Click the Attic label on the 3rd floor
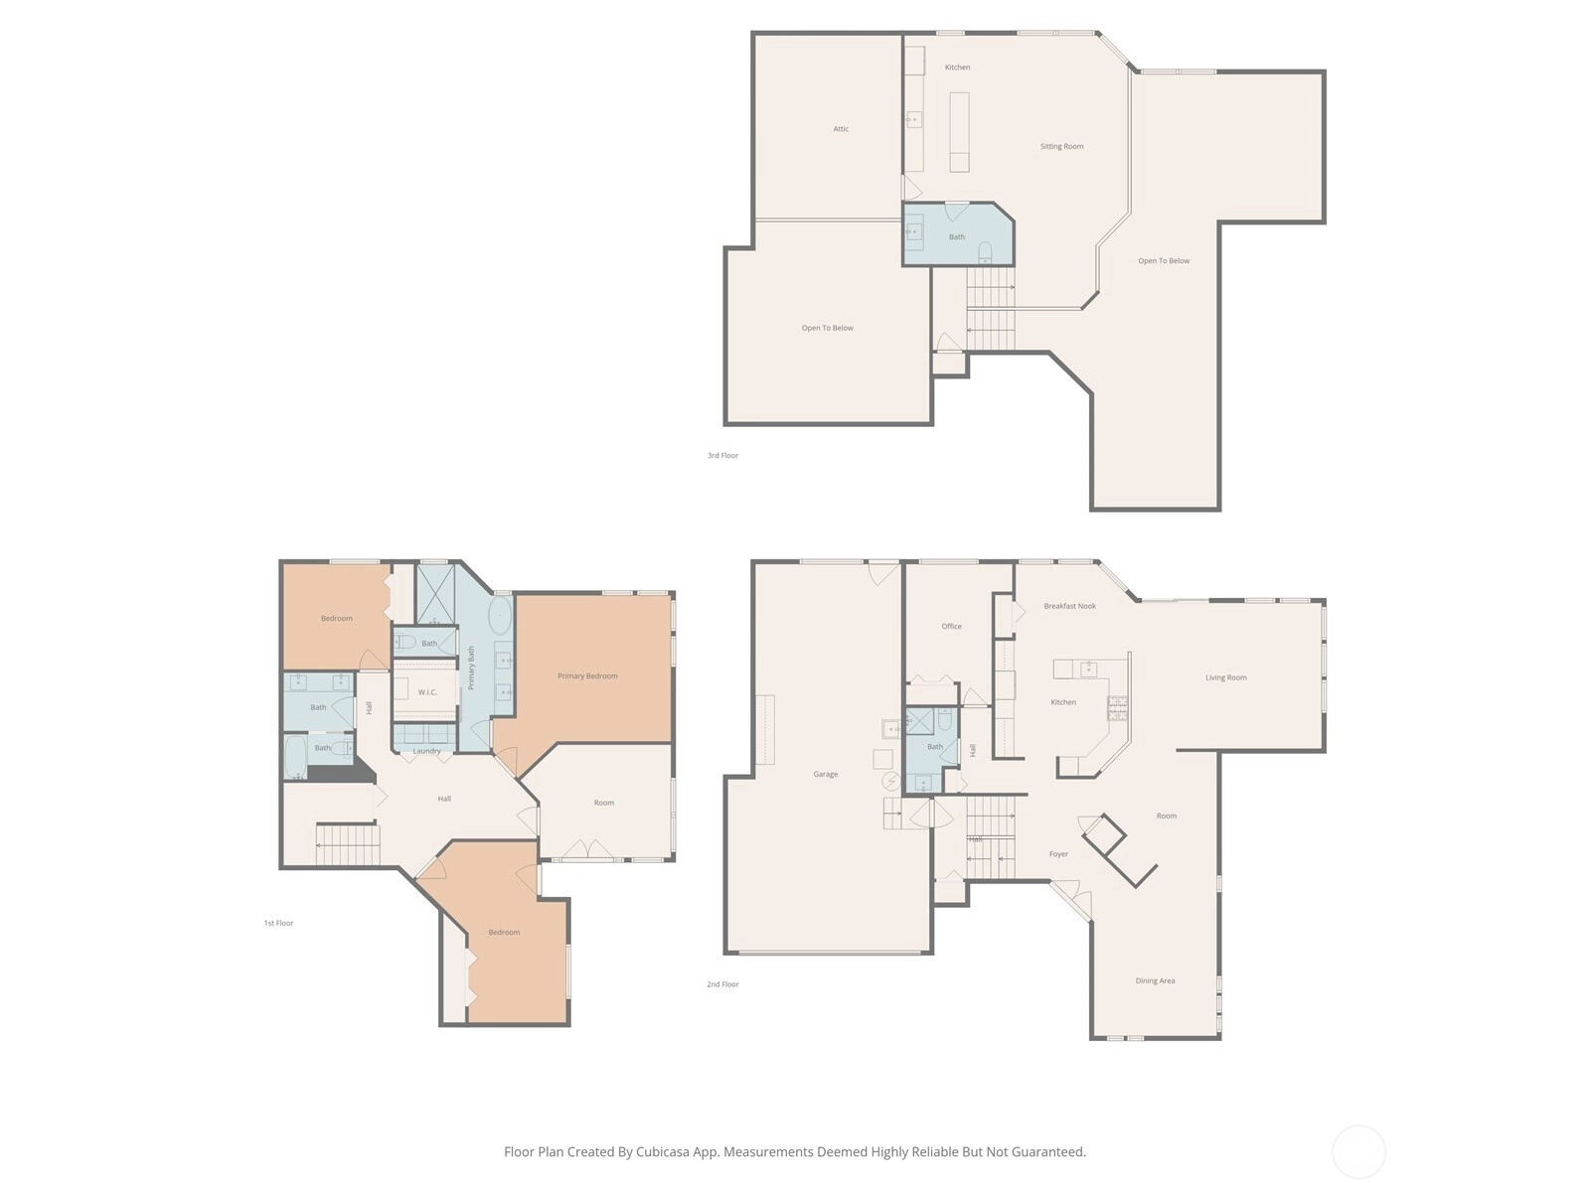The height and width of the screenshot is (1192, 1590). pos(841,129)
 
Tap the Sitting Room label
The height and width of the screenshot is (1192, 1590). pos(1061,146)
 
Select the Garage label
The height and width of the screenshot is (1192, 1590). pos(825,774)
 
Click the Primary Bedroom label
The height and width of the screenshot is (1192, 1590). pos(586,676)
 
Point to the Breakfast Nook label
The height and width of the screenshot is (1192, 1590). pos(1069,606)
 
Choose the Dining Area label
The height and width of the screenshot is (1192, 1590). pos(1155,980)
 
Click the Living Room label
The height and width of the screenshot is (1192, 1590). pos(1225,677)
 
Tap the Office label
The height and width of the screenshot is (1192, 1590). pos(951,626)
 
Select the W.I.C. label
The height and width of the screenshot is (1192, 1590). pos(427,692)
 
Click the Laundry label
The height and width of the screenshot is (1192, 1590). pos(426,751)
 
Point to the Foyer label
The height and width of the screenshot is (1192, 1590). pos(1058,854)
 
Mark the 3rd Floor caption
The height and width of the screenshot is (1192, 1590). pos(722,455)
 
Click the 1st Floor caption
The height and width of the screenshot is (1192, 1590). pos(278,923)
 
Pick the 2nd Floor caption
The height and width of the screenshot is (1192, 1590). pos(722,984)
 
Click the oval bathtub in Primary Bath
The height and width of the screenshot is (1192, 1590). pos(500,617)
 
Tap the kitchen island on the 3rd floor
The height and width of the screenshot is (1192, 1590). pos(959,132)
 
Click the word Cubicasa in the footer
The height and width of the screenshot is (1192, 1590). pos(663,1151)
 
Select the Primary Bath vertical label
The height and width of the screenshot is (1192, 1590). pos(471,668)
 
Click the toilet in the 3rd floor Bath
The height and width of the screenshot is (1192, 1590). pos(985,252)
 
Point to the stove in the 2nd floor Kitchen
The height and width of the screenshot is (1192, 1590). pos(1117,708)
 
